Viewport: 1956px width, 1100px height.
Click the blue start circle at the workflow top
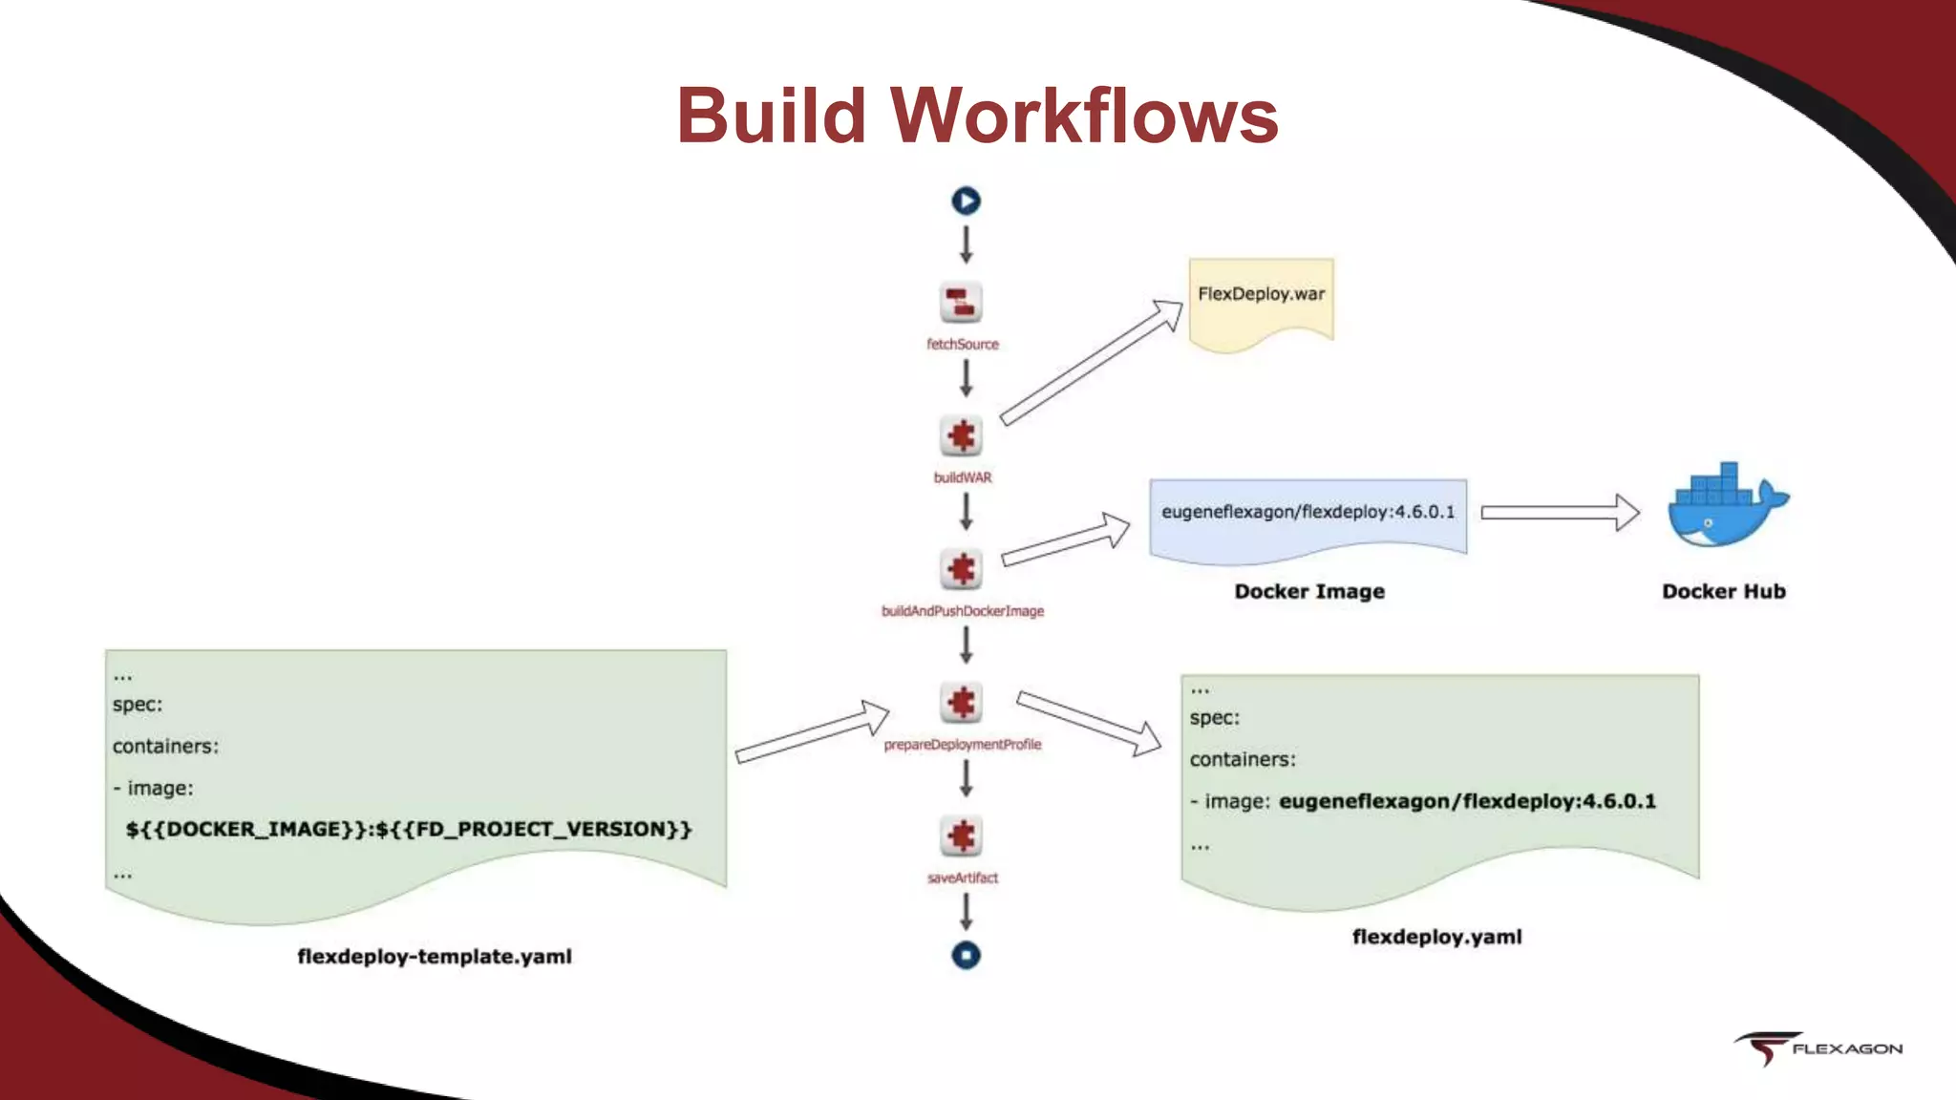pyautogui.click(x=966, y=201)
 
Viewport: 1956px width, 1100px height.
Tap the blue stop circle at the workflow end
pyautogui.click(x=966, y=955)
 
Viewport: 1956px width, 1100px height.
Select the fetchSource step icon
pyautogui.click(x=961, y=304)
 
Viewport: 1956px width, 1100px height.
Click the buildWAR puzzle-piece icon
pyautogui.click(x=961, y=436)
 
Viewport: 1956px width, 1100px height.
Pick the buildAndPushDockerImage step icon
pyautogui.click(x=961, y=569)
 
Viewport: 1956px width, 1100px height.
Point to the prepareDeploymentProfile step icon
pyautogui.click(x=961, y=703)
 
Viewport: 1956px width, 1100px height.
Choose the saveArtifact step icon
pyautogui.click(x=961, y=836)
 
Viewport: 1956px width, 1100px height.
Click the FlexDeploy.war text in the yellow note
pyautogui.click(x=1261, y=294)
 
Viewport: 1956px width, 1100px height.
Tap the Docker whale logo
pyautogui.click(x=1724, y=506)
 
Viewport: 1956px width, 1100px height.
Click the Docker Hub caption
pyautogui.click(x=1723, y=591)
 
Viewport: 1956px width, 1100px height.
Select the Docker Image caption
pyautogui.click(x=1308, y=591)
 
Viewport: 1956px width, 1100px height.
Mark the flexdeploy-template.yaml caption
pyautogui.click(x=435, y=956)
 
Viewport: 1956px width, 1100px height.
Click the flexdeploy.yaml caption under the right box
pyautogui.click(x=1436, y=937)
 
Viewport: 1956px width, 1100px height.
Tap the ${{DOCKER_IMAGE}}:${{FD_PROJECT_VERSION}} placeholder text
pyautogui.click(x=408, y=829)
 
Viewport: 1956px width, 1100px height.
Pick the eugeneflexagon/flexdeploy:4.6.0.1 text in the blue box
pyautogui.click(x=1308, y=512)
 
